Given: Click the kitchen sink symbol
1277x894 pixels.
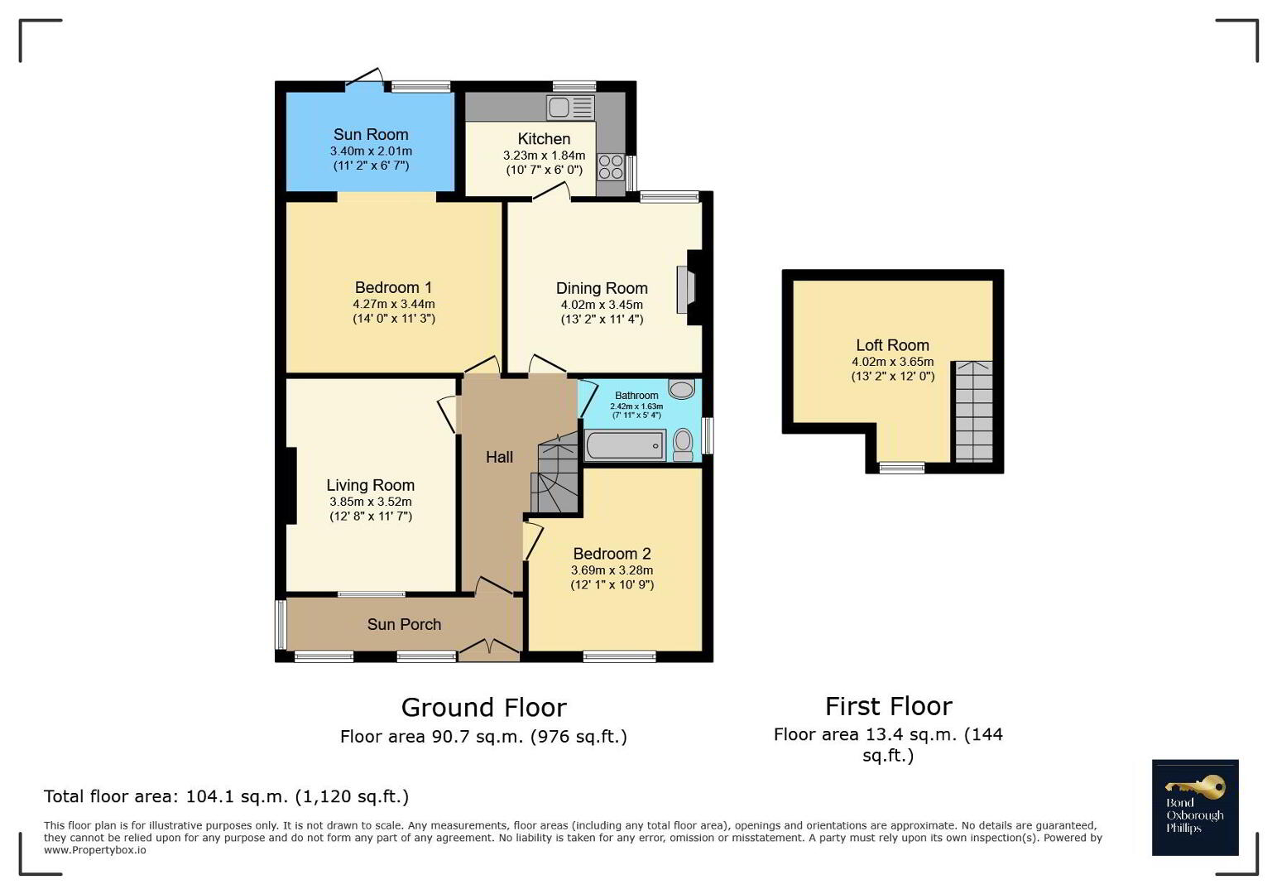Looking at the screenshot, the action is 570,108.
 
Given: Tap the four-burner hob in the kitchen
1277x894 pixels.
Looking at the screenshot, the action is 611,167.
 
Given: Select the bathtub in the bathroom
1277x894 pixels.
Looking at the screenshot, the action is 626,445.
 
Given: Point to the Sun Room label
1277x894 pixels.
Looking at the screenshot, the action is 371,135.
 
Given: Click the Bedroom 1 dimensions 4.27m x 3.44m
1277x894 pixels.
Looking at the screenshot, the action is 394,305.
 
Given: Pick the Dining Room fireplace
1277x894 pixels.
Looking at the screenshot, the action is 689,289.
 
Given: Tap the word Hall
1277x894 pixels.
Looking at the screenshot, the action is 499,457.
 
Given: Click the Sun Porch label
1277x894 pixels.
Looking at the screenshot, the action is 404,624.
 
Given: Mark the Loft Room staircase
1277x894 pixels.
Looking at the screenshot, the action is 974,411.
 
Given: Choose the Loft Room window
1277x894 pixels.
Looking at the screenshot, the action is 901,468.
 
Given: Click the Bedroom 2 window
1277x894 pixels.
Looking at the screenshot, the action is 619,656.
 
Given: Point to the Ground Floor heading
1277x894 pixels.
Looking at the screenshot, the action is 484,708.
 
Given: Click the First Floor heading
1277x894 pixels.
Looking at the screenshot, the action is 889,706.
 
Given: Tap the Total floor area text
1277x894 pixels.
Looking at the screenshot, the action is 226,796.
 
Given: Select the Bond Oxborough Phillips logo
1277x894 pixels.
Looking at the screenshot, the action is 1195,807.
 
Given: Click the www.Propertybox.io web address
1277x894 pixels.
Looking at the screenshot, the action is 95,850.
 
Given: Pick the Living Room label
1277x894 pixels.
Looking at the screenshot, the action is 371,485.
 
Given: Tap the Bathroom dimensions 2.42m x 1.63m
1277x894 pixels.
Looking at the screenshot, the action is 636,406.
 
